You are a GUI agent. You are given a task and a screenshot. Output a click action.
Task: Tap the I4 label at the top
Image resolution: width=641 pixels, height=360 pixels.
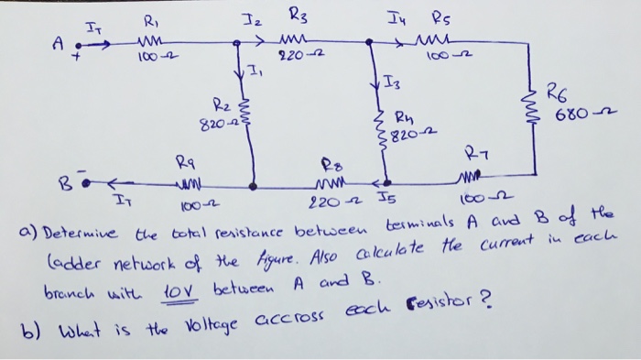pos(394,14)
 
